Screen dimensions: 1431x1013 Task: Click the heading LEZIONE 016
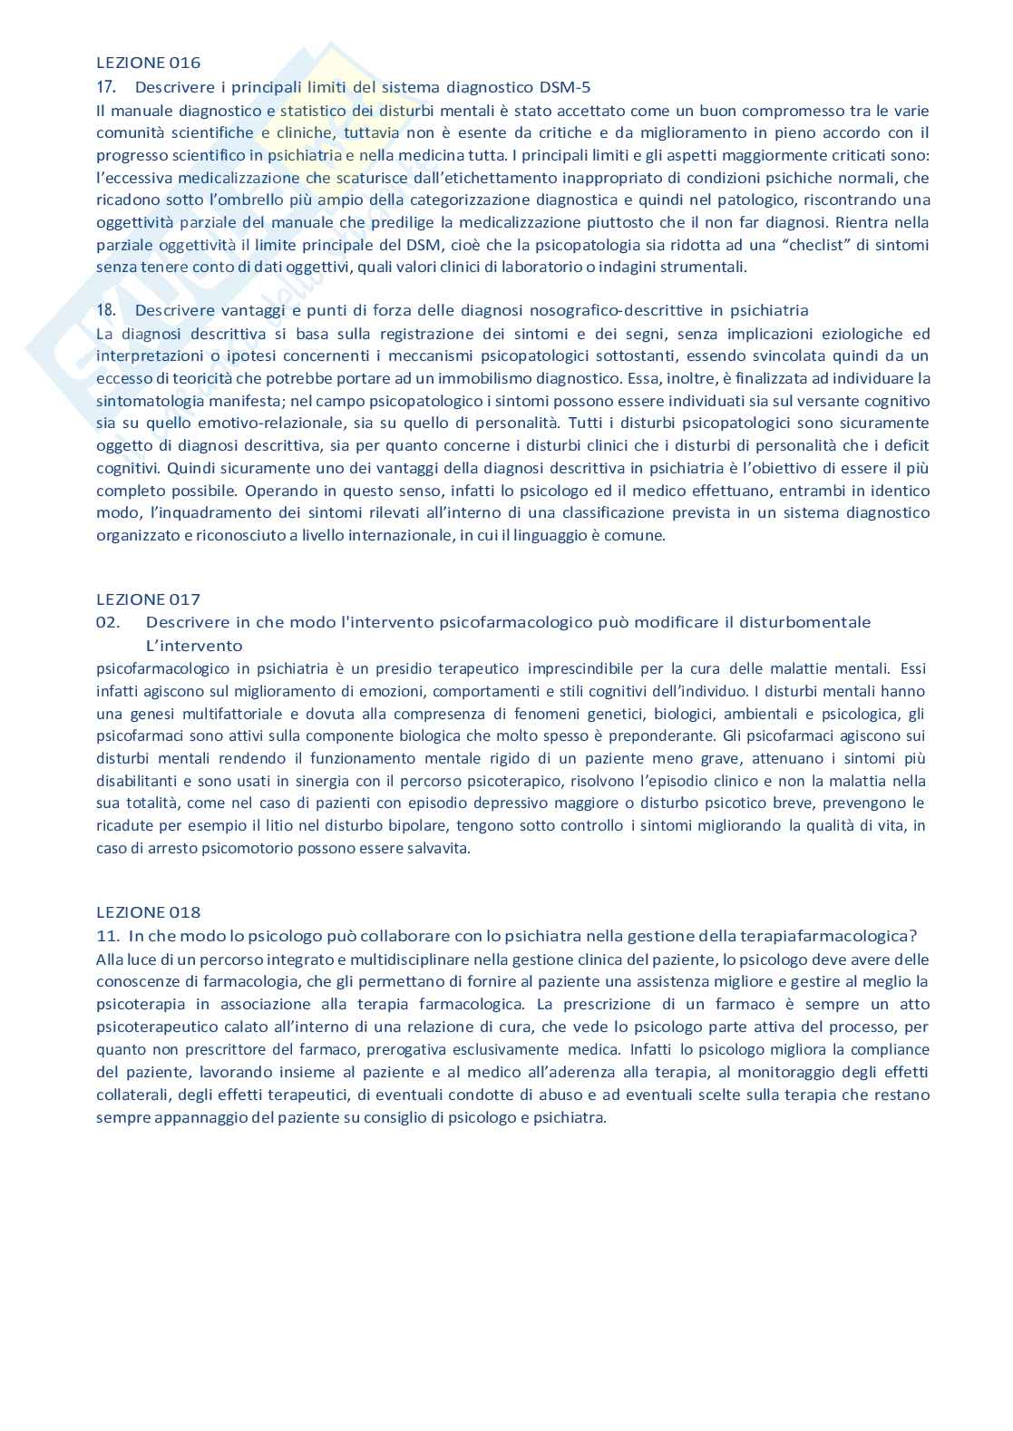click(148, 63)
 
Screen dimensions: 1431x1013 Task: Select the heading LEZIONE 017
click(148, 599)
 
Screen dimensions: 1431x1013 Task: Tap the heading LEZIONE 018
click(148, 912)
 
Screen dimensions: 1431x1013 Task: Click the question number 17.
click(105, 87)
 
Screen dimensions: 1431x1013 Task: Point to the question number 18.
click(105, 310)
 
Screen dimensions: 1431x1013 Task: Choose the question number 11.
click(107, 936)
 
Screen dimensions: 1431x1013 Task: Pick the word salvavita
click(440, 849)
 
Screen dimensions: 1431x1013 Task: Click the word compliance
click(891, 1049)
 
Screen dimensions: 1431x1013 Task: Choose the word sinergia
click(256, 780)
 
